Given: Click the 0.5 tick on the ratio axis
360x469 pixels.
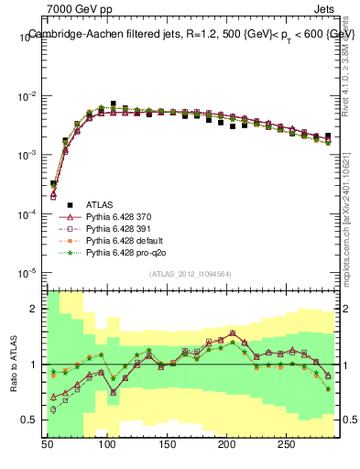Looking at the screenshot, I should click(x=34, y=420).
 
